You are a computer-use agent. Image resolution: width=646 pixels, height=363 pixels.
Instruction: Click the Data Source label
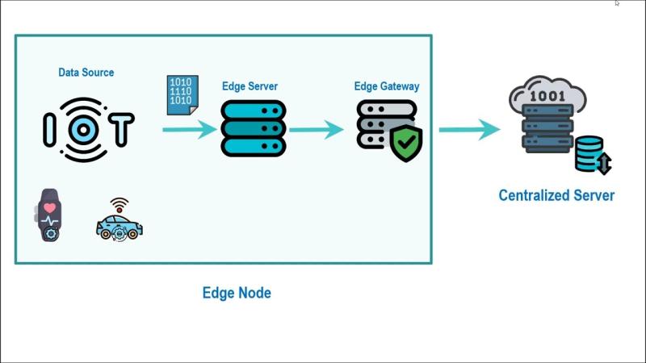86,73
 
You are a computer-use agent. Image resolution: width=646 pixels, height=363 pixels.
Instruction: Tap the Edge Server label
250,86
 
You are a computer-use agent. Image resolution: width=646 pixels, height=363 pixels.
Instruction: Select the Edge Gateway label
387,86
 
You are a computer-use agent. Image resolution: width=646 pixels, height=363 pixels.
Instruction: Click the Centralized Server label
556,195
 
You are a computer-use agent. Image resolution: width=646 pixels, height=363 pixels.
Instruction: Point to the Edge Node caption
237,293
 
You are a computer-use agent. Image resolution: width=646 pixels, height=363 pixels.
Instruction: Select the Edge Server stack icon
253,128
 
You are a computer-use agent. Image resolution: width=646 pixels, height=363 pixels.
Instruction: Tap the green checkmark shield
406,143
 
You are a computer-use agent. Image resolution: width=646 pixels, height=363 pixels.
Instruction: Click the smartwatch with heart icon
50,215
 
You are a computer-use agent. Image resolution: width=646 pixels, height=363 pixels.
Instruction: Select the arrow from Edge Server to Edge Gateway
317,129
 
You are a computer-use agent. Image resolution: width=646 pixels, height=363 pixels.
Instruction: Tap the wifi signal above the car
120,203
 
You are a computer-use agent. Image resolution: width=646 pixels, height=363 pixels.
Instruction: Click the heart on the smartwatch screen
50,208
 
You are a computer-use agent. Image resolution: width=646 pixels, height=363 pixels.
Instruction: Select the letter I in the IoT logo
49,129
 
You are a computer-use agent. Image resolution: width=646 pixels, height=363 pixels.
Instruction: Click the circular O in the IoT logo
84,129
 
